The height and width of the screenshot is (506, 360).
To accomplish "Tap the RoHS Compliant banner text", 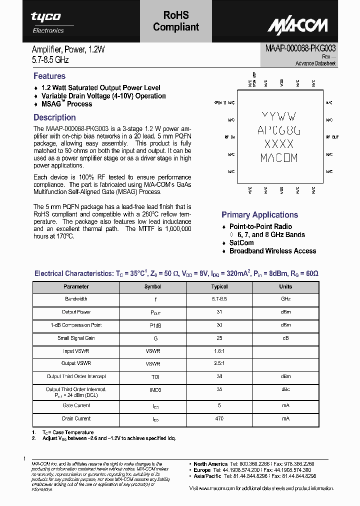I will [176, 22].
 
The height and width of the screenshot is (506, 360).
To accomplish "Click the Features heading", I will [49, 76].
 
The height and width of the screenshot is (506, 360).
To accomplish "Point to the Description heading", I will [54, 117].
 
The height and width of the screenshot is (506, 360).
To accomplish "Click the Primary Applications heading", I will [259, 215].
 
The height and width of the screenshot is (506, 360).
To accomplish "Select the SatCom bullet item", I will [241, 242].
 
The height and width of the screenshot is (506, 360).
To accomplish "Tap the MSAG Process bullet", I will [66, 104].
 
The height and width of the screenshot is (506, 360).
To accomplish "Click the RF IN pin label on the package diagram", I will [229, 136].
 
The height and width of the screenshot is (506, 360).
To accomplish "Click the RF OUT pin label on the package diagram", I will [332, 136].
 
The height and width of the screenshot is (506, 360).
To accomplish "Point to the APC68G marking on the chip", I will [279, 130].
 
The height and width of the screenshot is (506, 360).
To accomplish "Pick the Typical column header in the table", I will [219, 286].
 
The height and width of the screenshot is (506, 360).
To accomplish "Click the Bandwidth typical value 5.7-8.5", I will [219, 299].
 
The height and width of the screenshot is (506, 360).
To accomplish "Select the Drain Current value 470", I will [219, 418].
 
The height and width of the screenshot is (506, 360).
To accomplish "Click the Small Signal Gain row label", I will [76, 338].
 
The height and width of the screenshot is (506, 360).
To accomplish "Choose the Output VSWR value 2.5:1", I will [219, 363].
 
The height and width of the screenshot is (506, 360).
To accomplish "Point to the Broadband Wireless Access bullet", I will [272, 251].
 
